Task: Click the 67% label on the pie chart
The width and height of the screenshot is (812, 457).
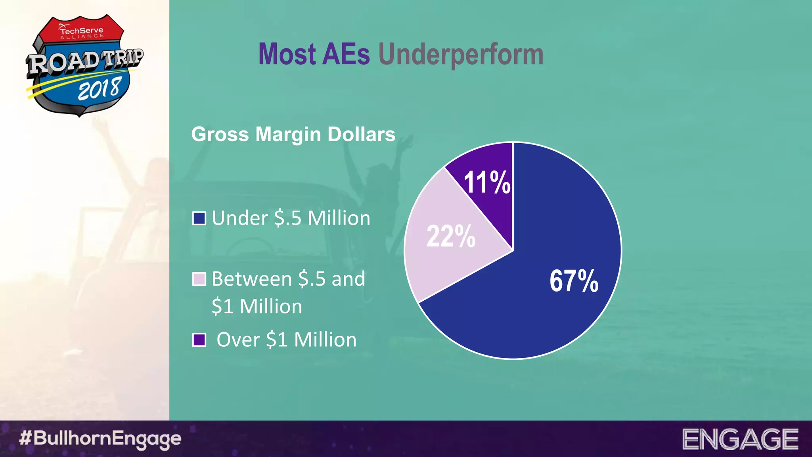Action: click(574, 281)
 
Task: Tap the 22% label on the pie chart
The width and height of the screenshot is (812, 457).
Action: click(451, 236)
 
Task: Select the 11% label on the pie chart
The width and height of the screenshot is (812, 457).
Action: click(486, 182)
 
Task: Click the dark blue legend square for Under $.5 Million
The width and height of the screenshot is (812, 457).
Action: click(199, 218)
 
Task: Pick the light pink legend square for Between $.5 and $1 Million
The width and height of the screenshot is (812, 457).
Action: click(199, 279)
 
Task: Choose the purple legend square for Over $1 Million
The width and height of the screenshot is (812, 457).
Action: click(199, 340)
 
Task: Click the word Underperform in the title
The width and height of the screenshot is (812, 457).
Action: click(461, 54)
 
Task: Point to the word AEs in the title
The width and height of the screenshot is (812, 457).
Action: click(346, 54)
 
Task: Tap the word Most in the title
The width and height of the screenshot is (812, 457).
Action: click(287, 54)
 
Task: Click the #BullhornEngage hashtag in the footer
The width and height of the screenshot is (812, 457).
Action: click(100, 439)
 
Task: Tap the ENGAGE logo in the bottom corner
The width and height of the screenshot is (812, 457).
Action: click(740, 439)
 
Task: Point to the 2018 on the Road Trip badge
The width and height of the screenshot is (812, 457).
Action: click(99, 89)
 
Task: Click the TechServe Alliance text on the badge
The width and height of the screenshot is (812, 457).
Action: click(82, 32)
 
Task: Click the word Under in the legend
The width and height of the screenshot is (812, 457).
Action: click(239, 218)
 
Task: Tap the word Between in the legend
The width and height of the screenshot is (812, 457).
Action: click(252, 279)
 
